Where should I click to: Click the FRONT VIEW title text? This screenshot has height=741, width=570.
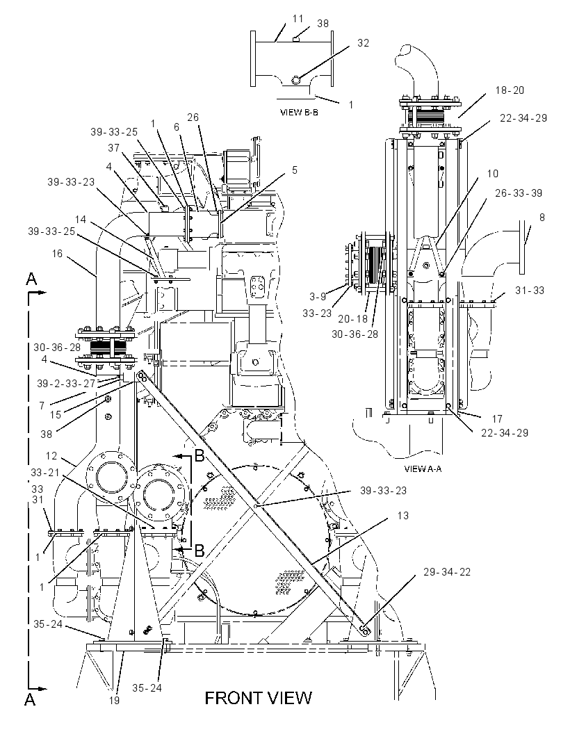click(258, 697)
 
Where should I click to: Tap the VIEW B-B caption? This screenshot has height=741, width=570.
click(299, 113)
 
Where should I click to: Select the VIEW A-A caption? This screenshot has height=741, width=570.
click(423, 469)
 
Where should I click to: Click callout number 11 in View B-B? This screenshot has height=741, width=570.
click(298, 19)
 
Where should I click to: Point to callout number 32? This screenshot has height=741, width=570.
click(363, 42)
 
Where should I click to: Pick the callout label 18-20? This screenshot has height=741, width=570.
click(510, 90)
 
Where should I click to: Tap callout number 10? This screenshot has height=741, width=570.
click(492, 174)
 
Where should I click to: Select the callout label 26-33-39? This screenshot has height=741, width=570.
click(519, 193)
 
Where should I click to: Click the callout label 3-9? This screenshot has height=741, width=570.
click(318, 296)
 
